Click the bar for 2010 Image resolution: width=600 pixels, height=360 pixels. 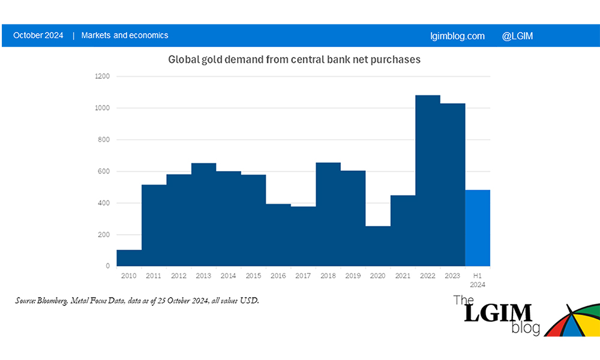point(129,258)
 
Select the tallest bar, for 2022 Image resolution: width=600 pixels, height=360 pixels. point(428,180)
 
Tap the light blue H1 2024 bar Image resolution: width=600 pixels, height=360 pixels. point(478,228)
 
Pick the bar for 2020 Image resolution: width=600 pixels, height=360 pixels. point(378,246)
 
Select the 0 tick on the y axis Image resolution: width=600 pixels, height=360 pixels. point(108,266)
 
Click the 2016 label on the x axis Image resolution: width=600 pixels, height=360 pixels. point(278,275)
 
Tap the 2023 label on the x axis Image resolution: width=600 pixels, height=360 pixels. point(453,275)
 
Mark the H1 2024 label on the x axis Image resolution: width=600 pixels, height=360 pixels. point(478,280)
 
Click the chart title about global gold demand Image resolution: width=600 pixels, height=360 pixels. point(294,60)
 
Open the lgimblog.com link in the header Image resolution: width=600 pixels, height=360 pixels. point(458,36)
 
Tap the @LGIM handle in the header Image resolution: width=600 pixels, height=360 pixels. point(517,36)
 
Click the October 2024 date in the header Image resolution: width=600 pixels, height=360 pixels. point(38,35)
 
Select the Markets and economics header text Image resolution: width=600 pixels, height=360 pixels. point(125,35)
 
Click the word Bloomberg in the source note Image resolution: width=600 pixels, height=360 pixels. point(55,301)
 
